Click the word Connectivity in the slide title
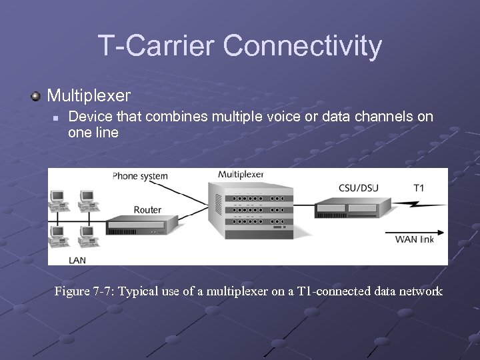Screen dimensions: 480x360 pyautogui.click(x=303, y=46)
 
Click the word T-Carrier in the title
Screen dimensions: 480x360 pyautogui.click(x=157, y=46)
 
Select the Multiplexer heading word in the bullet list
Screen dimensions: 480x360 pyautogui.click(x=89, y=95)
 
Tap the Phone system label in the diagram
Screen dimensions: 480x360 pyautogui.click(x=140, y=177)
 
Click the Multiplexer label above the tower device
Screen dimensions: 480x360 pyautogui.click(x=241, y=175)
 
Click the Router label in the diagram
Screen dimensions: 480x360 pyautogui.click(x=147, y=209)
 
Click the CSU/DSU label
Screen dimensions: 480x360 pyautogui.click(x=358, y=187)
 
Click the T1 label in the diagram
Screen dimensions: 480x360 pyautogui.click(x=418, y=187)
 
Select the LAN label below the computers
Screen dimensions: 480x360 pyautogui.click(x=77, y=259)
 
